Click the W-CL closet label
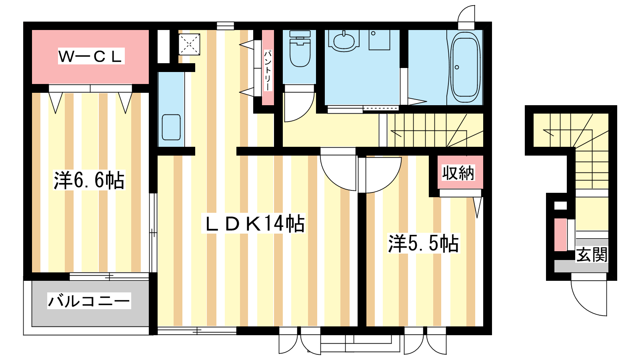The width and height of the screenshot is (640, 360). coord(91,56)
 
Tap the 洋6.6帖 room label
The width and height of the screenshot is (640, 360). coord(89,180)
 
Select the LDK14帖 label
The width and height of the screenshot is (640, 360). coord(254,223)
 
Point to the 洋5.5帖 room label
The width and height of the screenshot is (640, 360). coord(424,243)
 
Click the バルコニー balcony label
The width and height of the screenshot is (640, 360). coord(89,301)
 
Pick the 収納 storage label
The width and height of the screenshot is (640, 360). coord(458,172)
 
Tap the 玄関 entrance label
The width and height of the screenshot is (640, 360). coord(592,254)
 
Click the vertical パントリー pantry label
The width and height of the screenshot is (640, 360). coord(268,70)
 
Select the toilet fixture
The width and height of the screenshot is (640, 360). coord(300,48)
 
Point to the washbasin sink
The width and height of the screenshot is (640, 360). coord(344,42)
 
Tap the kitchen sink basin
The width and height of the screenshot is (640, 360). coord(171,127)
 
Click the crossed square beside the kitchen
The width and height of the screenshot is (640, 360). coord(189,44)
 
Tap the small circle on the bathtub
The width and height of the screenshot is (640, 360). coord(457,68)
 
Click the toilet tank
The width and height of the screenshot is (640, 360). coord(300,34)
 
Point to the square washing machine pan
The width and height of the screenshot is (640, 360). coord(380,40)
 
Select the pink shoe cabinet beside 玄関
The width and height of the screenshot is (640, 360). coord(560,235)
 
